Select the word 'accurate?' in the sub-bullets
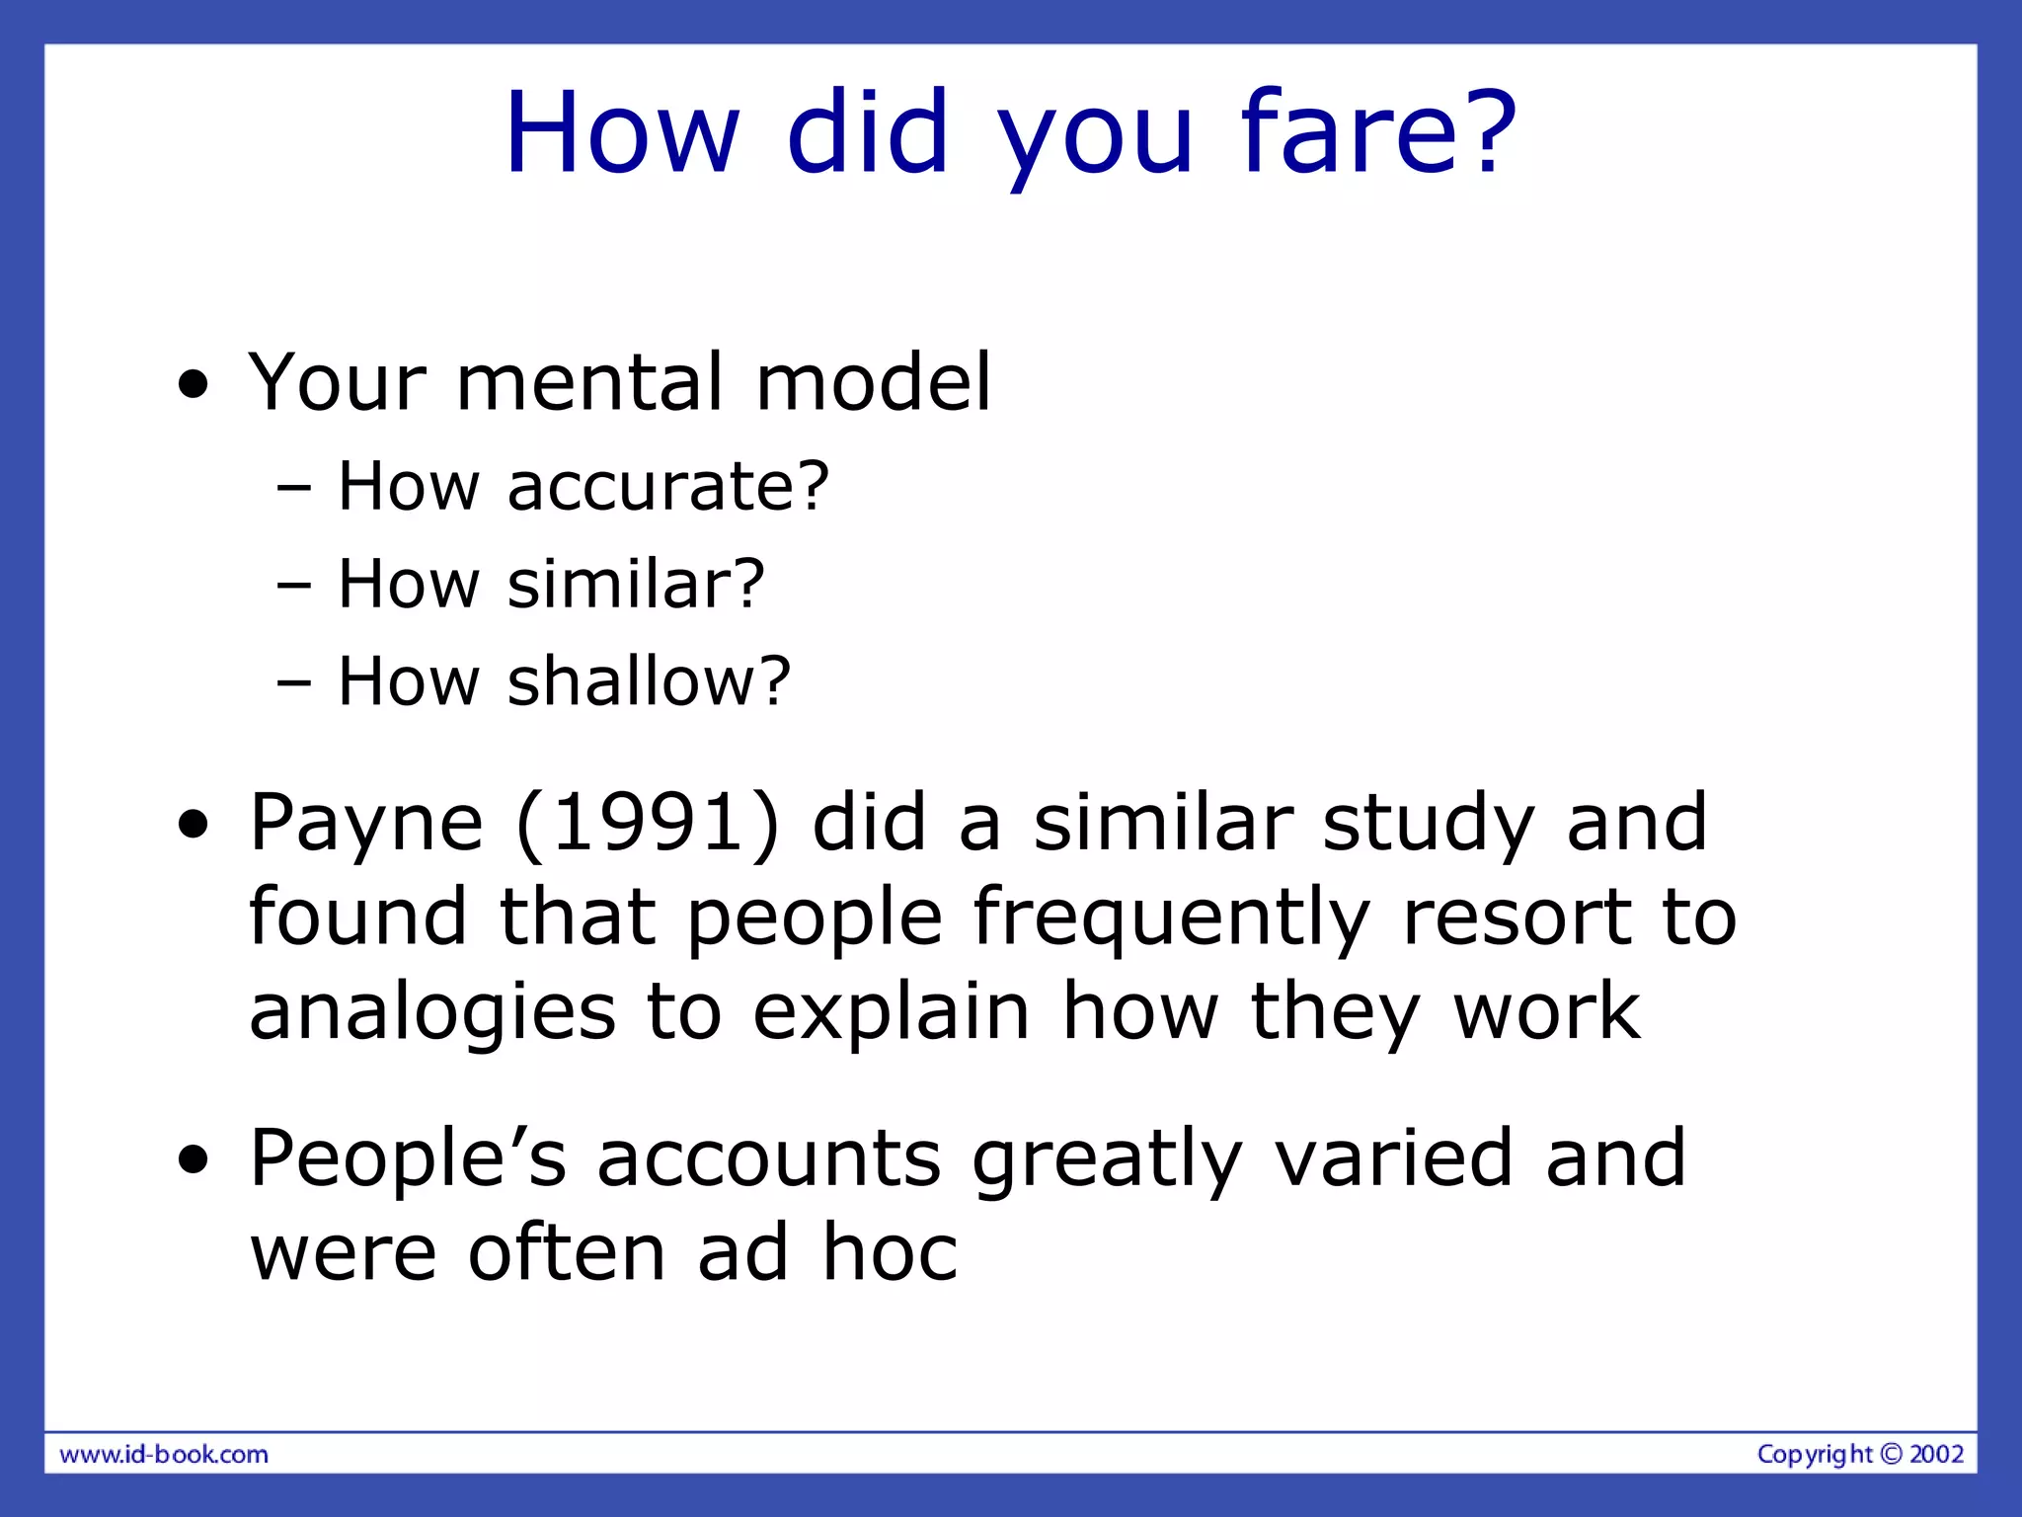click(667, 487)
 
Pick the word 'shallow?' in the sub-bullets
click(649, 681)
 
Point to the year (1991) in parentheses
click(648, 822)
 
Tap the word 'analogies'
click(432, 1014)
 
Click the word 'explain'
click(892, 1014)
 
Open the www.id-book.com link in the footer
click(164, 1455)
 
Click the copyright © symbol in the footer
click(1890, 1454)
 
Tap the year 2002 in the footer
click(1936, 1454)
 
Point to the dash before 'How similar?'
click(294, 585)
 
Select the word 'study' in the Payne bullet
click(1428, 824)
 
